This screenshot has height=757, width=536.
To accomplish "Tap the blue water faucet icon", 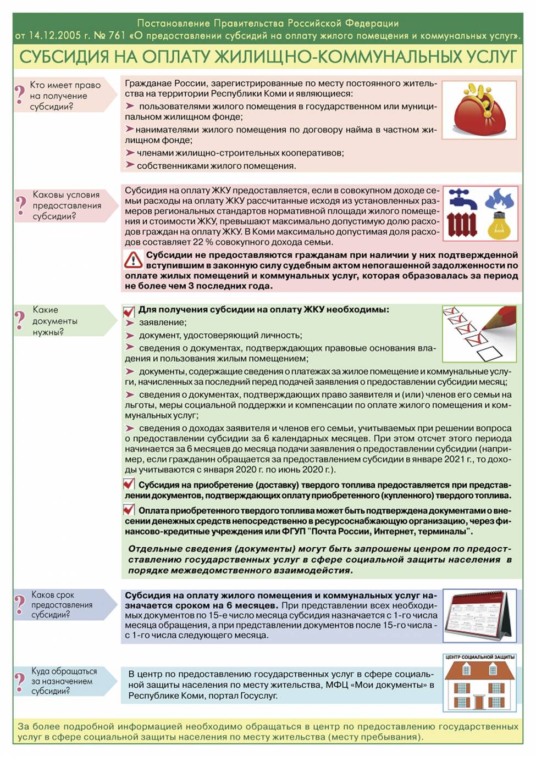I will [x=461, y=198].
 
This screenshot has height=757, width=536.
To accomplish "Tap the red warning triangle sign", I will [x=133, y=260].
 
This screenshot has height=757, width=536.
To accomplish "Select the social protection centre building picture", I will [x=480, y=684].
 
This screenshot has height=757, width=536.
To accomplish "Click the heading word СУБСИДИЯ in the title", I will [x=64, y=57].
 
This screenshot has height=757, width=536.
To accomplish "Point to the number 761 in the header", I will [x=118, y=36].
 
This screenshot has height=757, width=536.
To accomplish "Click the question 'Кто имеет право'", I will [x=65, y=85].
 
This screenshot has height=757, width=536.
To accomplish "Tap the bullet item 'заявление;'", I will [x=162, y=322].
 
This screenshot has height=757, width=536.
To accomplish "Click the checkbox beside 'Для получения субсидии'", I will [x=129, y=311].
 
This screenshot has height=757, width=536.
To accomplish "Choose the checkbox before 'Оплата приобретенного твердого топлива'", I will [x=129, y=510].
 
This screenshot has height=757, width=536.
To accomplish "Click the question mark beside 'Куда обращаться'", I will [x=20, y=681].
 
